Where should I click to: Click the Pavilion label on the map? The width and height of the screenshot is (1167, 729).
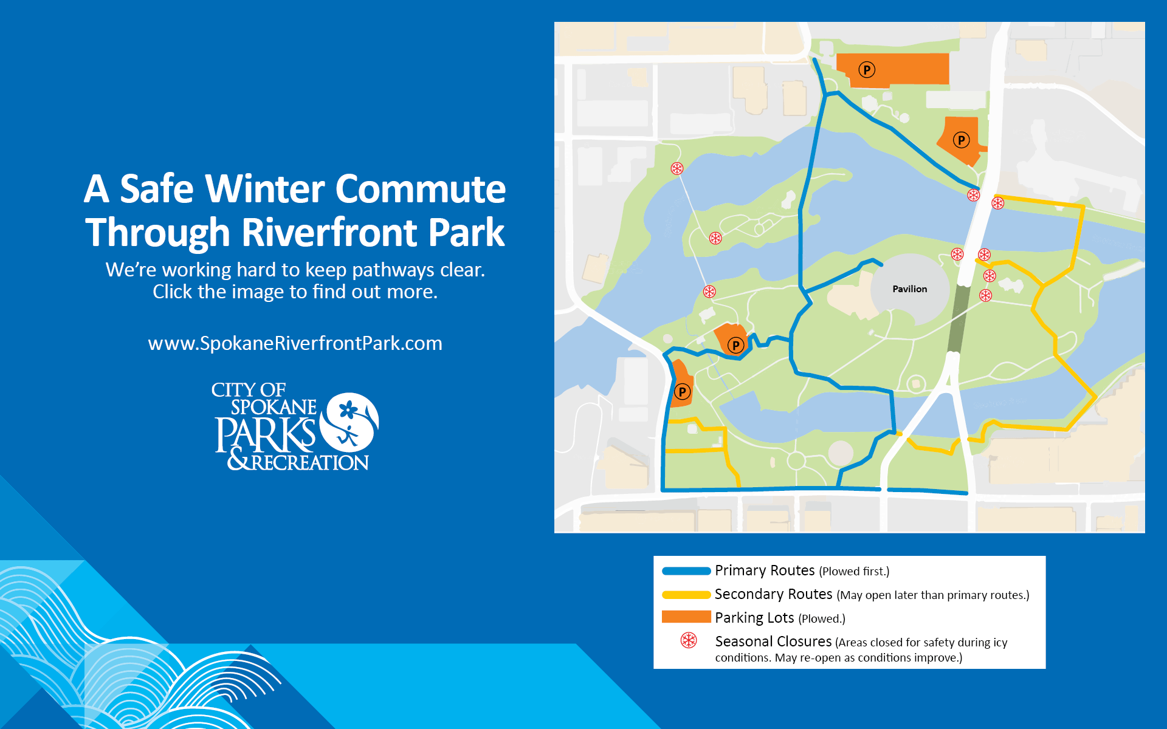[x=909, y=289]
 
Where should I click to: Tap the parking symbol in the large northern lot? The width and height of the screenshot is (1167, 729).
[x=867, y=70]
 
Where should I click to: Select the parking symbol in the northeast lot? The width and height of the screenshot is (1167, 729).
[x=961, y=140]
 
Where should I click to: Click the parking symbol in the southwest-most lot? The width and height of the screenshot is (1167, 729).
[x=682, y=392]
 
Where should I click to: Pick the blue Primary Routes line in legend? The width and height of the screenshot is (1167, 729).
[x=686, y=571]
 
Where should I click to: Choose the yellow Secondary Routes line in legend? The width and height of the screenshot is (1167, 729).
[x=686, y=595]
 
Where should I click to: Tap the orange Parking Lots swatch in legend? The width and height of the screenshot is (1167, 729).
[x=686, y=617]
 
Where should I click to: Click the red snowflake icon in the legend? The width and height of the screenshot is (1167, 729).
[x=689, y=640]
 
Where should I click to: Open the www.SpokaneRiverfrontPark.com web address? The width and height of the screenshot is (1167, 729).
[x=295, y=343]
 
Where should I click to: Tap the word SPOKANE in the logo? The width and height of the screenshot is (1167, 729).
[x=274, y=407]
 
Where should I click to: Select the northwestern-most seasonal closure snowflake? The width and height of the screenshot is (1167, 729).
[x=676, y=168]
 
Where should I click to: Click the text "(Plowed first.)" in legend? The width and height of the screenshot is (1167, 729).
[x=854, y=572]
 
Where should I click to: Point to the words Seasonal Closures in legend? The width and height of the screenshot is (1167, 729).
[x=773, y=642]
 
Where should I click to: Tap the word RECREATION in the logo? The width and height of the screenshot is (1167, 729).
[x=310, y=463]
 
